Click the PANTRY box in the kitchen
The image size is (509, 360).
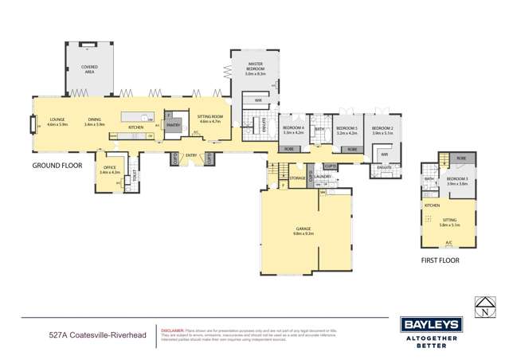174,124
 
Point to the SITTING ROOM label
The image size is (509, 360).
211,119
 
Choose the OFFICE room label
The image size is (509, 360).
109,170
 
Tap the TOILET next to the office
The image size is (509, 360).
135,176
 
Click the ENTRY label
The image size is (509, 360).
191,155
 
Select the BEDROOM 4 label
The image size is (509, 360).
294,129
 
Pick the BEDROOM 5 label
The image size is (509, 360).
347,129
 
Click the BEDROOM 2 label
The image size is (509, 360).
382,129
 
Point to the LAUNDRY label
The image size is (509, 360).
323,177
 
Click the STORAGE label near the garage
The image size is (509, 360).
299,178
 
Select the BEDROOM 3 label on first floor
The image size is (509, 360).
457,180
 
